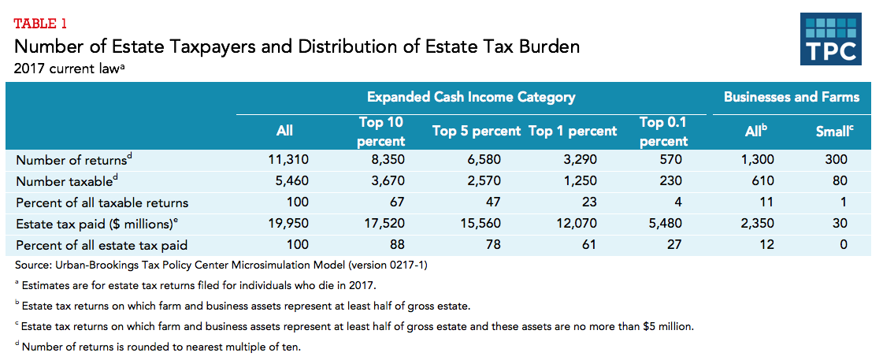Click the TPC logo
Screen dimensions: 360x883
[831, 39]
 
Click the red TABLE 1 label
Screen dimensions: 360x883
[46, 22]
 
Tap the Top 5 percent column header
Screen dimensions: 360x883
[477, 132]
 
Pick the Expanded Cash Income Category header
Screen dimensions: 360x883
[471, 98]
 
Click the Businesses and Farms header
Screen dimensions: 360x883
[791, 98]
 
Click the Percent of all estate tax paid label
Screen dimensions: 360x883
[102, 244]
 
